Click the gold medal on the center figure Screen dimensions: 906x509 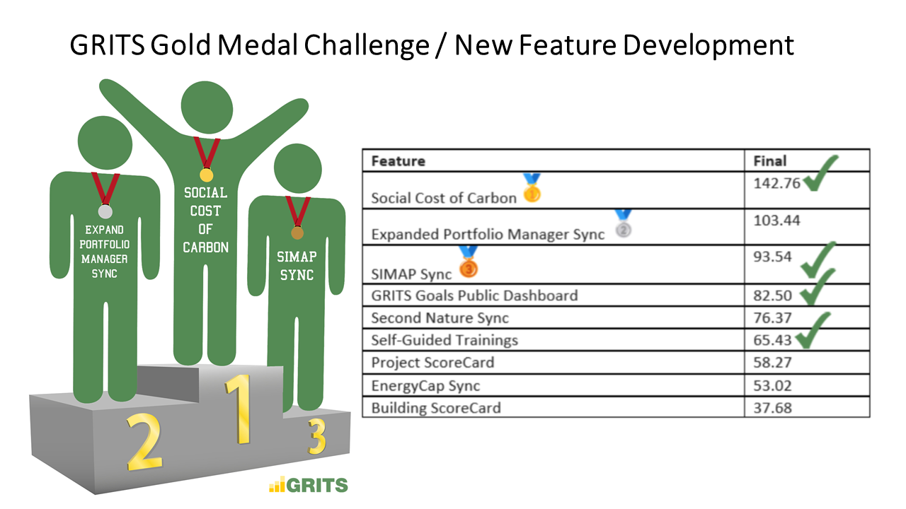tap(206, 175)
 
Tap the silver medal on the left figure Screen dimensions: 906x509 tap(105, 211)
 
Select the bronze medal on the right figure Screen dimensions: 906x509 tap(297, 233)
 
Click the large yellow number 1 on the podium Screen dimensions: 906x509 tap(240, 409)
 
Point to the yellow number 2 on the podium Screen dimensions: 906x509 tap(144, 443)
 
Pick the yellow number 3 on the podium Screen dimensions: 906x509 tap(317, 437)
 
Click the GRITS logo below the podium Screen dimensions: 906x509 tap(308, 485)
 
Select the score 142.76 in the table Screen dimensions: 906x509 tap(776, 183)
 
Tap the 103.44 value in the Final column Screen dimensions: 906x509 tap(776, 221)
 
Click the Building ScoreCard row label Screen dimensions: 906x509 tap(436, 408)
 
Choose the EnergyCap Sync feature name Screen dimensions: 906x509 tap(425, 386)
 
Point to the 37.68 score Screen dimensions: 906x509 tap(772, 408)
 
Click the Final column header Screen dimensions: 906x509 tap(769, 161)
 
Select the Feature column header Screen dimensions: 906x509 tap(398, 161)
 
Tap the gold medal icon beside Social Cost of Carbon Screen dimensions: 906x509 tap(532, 188)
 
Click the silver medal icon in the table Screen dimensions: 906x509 tap(624, 223)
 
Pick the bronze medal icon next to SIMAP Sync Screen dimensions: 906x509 tap(469, 262)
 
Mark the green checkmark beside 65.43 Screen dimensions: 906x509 tap(813, 330)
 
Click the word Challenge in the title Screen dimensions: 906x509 tap(367, 45)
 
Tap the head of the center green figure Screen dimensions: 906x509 tap(207, 107)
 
